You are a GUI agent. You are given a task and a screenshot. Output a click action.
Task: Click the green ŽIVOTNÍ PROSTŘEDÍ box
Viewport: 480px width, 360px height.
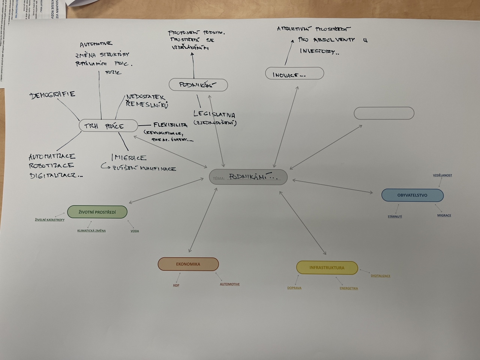point(97,212)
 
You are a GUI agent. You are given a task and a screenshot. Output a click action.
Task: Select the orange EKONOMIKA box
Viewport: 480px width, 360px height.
point(188,264)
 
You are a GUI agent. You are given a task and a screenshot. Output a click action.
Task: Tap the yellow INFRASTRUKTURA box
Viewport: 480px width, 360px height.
point(327,268)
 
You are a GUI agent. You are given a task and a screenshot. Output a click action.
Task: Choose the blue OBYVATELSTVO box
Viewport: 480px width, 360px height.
point(412,195)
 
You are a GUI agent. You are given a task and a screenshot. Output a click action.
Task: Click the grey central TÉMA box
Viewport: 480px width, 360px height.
point(248,177)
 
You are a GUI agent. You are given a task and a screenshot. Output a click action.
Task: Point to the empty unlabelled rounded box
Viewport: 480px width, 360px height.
point(384,113)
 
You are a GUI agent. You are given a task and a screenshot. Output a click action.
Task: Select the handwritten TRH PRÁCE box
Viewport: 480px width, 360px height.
point(108,126)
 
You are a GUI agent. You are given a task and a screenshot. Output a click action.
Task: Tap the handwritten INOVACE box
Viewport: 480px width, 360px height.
point(294,74)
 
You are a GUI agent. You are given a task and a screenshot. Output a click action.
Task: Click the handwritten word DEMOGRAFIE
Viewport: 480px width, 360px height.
point(52,95)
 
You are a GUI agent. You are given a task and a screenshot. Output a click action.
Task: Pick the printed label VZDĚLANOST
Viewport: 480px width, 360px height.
point(442,175)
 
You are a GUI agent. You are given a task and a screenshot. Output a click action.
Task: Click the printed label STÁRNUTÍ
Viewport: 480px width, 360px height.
point(395,216)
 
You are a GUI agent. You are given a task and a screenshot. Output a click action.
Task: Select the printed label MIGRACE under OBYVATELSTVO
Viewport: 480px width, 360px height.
point(444,215)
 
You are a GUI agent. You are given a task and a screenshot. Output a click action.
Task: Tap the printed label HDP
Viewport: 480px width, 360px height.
point(176,285)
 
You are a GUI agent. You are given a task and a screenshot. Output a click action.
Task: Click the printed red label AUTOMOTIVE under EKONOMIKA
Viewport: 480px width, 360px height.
point(229,284)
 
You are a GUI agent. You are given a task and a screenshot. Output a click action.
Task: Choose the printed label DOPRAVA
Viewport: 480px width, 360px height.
point(294,288)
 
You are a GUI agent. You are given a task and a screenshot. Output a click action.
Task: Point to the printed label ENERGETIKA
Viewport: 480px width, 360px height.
point(349,288)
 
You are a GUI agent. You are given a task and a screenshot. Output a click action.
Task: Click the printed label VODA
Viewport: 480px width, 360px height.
point(135,231)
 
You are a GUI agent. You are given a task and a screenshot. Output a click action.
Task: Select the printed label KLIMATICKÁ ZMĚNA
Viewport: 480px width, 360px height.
point(91,231)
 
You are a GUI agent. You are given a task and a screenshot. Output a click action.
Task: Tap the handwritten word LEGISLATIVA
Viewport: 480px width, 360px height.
point(214,114)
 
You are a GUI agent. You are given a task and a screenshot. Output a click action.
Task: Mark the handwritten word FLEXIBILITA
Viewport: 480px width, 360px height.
point(170,125)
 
